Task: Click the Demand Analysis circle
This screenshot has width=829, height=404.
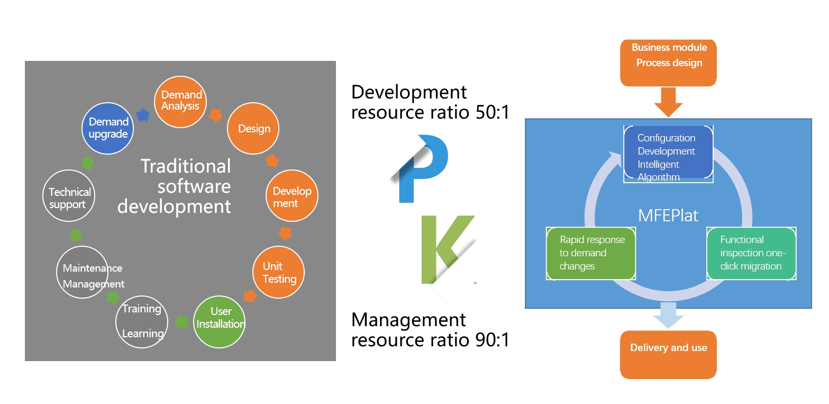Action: coord(180,100)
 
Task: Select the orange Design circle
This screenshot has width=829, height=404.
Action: coord(253,129)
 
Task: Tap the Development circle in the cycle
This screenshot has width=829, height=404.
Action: coord(292,196)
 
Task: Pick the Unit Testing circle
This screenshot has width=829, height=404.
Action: coord(279,273)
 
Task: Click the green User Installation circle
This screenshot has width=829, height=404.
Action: coord(220,318)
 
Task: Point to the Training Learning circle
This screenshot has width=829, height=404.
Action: coord(142,321)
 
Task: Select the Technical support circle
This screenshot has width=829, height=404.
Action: coord(70,197)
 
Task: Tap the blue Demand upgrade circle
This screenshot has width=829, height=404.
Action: coord(108,129)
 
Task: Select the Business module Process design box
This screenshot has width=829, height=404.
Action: coord(669,62)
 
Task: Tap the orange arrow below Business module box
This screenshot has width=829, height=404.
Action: coord(669,101)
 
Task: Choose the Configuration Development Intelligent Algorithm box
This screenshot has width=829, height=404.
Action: coord(668,154)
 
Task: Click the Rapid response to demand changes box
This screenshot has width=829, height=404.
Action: coord(590,253)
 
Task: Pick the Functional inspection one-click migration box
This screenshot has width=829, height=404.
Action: coord(751,253)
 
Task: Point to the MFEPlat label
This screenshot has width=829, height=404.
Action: coord(668,216)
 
